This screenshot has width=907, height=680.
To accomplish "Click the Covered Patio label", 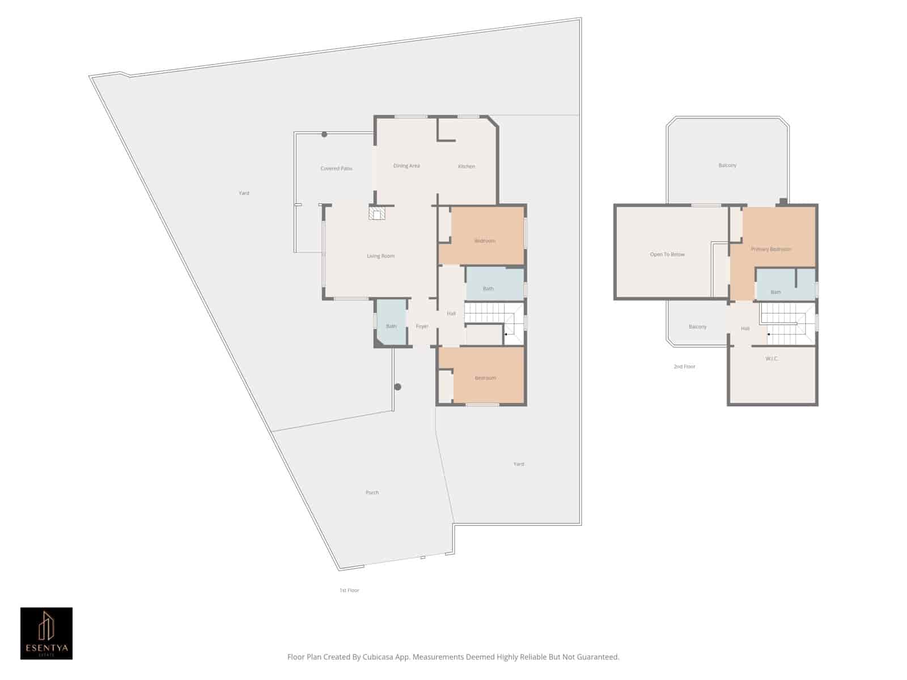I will pyautogui.click(x=336, y=168).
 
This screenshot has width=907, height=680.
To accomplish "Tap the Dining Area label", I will pyautogui.click(x=406, y=166).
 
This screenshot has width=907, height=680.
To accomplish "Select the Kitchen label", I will pyautogui.click(x=467, y=167).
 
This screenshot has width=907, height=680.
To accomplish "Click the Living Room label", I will pyautogui.click(x=380, y=256).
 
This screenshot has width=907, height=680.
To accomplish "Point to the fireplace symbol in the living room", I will pyautogui.click(x=377, y=213).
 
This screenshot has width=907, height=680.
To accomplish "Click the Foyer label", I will pyautogui.click(x=422, y=326).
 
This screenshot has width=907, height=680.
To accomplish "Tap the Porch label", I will pyautogui.click(x=372, y=492).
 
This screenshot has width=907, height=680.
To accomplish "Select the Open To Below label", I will pyautogui.click(x=667, y=254).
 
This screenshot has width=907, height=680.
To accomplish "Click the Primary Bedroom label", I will pyautogui.click(x=771, y=249).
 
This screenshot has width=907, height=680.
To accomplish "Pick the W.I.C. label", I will pyautogui.click(x=772, y=359).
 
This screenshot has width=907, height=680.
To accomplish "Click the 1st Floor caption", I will pyautogui.click(x=349, y=590).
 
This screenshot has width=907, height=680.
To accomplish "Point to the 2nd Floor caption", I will pyautogui.click(x=684, y=367).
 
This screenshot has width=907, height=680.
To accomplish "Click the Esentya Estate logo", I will pyautogui.click(x=46, y=634).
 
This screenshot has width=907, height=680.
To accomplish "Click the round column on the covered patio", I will pyautogui.click(x=324, y=134).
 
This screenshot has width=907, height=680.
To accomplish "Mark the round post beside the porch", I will pyautogui.click(x=398, y=387).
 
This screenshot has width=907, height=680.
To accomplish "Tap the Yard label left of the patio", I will pyautogui.click(x=244, y=193).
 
